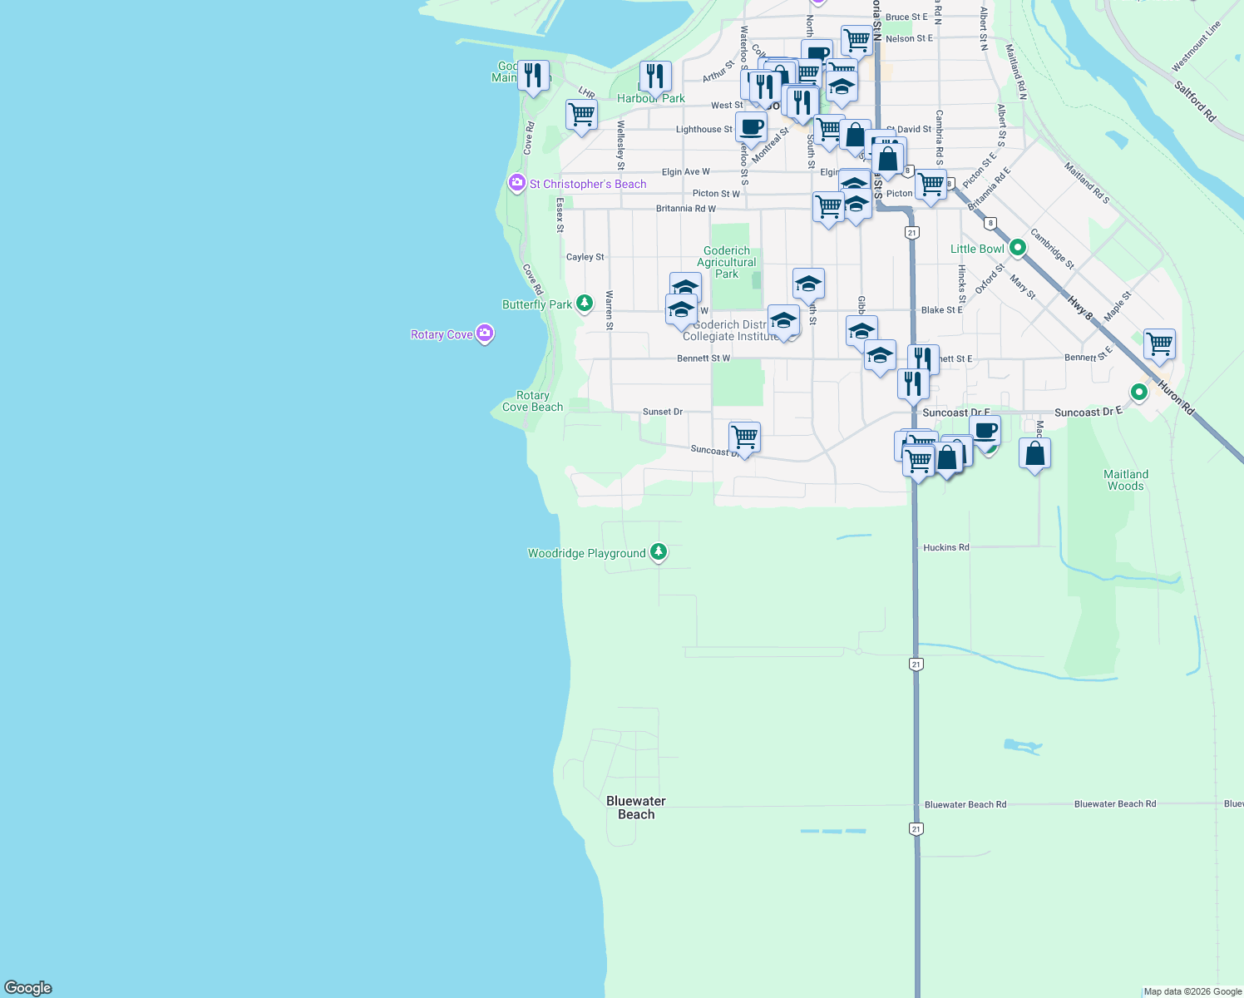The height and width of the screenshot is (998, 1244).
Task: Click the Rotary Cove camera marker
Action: point(485,333)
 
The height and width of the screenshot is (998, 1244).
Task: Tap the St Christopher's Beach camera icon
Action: point(516,183)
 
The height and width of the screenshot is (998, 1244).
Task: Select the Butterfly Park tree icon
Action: point(585,304)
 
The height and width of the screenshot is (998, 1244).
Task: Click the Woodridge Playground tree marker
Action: point(658,551)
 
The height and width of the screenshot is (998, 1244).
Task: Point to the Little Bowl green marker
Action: point(1017,248)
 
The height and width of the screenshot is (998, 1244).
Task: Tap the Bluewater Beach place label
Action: point(636,808)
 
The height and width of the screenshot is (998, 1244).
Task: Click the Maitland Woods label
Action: point(1126,480)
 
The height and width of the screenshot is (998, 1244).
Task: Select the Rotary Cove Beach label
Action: point(533,402)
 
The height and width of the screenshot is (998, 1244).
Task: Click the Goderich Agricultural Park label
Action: point(727,262)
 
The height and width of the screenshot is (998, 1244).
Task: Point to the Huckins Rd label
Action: point(945,547)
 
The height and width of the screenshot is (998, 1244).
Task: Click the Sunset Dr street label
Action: point(663,412)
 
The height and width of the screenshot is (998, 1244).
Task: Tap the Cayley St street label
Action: point(585,257)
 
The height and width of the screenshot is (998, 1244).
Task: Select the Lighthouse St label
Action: point(704,129)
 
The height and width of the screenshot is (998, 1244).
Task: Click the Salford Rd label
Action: point(1195,101)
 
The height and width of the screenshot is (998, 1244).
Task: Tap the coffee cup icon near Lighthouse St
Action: point(751,128)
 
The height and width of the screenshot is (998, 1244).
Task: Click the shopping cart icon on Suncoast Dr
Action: point(744,437)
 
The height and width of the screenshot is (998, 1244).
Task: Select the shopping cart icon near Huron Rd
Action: point(1159,343)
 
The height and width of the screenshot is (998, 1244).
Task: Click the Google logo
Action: point(28,987)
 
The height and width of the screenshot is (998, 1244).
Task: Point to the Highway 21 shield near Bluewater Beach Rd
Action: point(916,829)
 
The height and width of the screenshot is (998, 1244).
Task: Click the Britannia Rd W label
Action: point(685,208)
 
